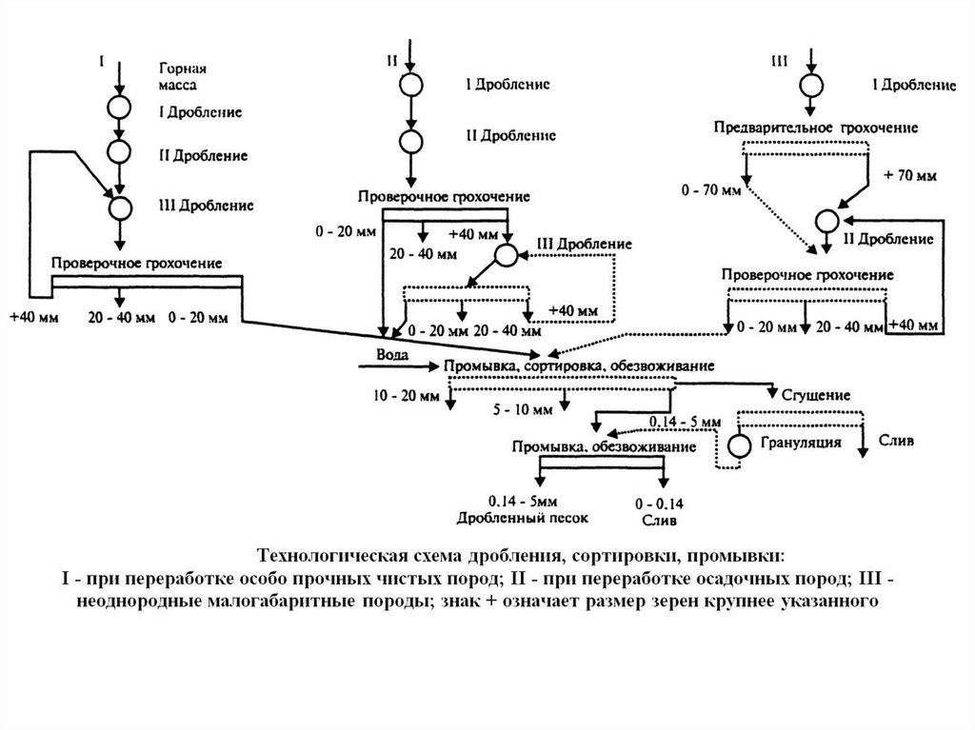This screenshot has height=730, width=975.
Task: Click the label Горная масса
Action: [x=183, y=77]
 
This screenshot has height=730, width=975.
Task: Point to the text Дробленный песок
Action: [x=523, y=519]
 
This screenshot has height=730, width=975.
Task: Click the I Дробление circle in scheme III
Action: [x=809, y=85]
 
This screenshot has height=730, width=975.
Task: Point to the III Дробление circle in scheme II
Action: [x=506, y=254]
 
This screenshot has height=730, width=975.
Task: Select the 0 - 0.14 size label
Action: [x=658, y=503]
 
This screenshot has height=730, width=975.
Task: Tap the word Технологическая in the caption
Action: [x=326, y=555]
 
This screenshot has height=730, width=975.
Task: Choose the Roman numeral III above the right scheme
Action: [x=778, y=61]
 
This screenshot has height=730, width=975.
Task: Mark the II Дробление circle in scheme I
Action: [x=120, y=149]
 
